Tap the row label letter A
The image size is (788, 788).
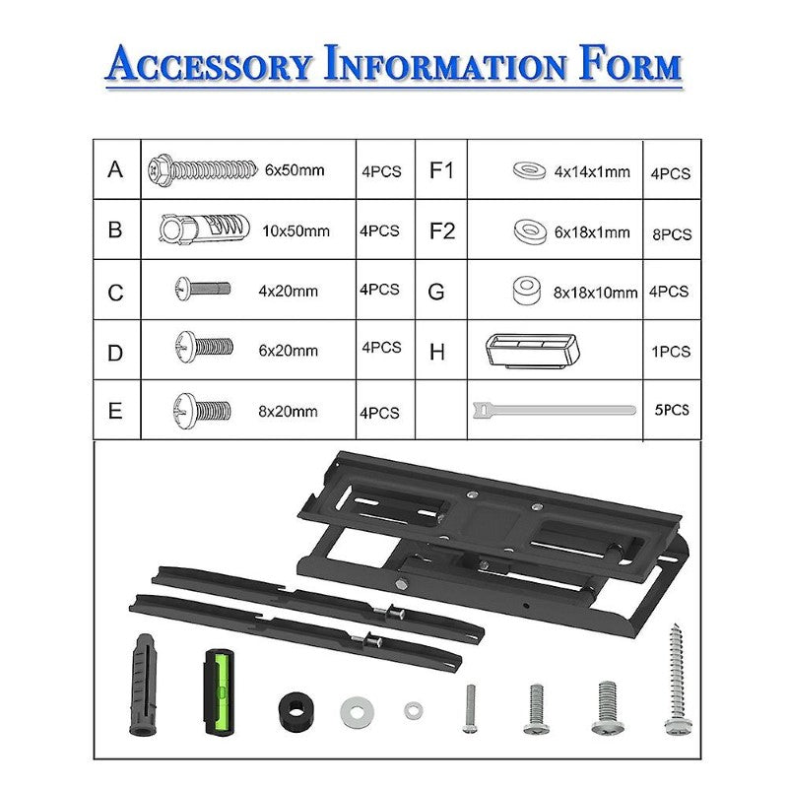[x=115, y=169]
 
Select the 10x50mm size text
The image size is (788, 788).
[x=296, y=231]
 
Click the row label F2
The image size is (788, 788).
[x=442, y=231]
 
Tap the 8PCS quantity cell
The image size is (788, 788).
[x=671, y=234]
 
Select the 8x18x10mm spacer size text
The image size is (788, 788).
[x=593, y=293]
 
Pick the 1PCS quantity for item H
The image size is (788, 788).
[x=671, y=352]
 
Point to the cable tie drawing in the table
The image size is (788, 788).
[x=552, y=408]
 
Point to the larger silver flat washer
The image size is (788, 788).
[x=357, y=710]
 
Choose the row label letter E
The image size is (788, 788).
[x=115, y=410]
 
